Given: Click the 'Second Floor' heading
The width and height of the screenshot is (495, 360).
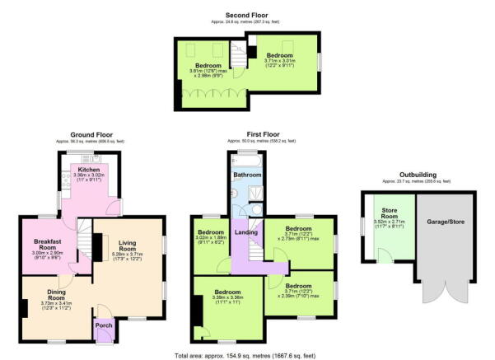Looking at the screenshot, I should click(247, 15).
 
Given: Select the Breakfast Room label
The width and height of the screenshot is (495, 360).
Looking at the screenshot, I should click(44, 244).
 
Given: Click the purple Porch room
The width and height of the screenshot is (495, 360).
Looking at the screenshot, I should click(104, 325).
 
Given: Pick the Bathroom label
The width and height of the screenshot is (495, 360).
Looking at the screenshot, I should click(247, 175).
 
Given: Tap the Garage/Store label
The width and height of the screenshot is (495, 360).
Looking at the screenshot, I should click(446, 222).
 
